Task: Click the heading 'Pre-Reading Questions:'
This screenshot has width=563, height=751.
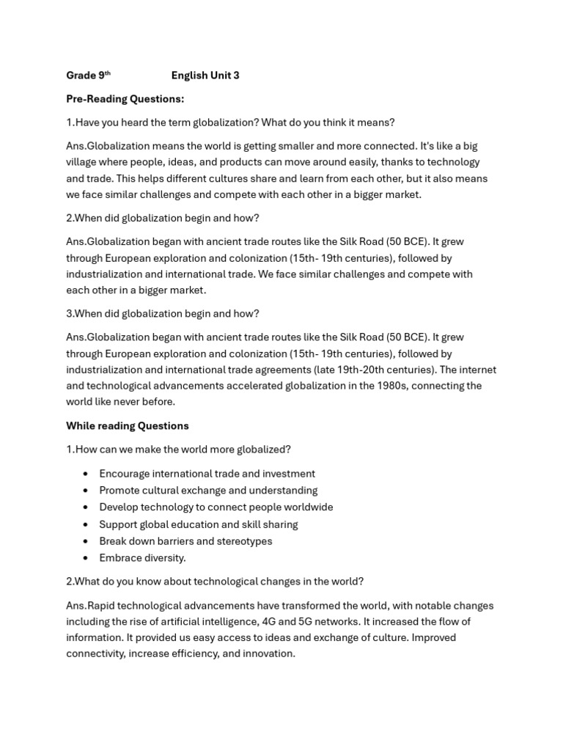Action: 125,99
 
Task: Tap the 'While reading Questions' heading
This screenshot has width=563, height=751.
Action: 127,426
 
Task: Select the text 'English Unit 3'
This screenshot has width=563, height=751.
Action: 205,76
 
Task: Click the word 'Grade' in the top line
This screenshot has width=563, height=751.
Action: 81,76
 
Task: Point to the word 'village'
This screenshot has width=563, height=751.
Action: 83,162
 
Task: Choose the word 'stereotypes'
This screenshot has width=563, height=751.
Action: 244,541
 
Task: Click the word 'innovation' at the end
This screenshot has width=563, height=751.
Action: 268,653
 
